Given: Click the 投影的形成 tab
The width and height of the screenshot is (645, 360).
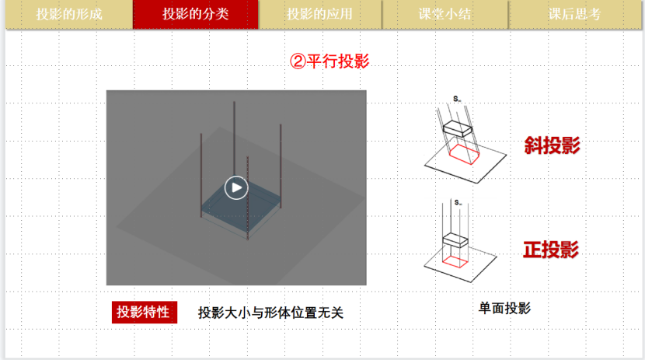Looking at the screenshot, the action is tap(69, 15).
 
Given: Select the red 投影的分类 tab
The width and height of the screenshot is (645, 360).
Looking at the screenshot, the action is tap(195, 15).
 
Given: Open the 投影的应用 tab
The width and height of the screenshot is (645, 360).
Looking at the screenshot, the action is tap(319, 15).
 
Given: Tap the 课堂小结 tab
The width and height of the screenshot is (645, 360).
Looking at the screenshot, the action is tap(445, 15).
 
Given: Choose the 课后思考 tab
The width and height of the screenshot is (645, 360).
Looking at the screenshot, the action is tap(574, 15).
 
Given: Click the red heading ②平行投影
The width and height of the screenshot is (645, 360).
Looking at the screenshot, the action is tap(329, 61).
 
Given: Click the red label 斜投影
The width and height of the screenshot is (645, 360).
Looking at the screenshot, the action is tap(552, 145).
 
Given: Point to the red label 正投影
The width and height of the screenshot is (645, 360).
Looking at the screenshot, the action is tap(551, 250).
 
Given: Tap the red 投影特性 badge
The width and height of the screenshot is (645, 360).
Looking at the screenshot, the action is tap(145, 313).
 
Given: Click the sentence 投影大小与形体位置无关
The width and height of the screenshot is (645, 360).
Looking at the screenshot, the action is tap(270, 313).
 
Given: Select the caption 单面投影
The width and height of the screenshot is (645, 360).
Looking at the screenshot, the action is tap(504, 308).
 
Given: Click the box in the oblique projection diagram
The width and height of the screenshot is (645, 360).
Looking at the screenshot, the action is tap(458, 129).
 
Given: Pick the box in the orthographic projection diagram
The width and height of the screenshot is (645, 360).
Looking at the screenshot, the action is tap(455, 240).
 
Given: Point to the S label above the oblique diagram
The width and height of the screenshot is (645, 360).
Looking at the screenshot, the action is tap(457, 100).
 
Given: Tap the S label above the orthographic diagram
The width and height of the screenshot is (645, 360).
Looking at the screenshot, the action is tap(458, 202).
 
